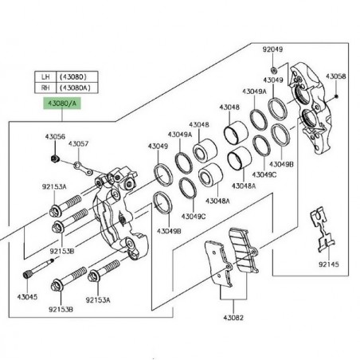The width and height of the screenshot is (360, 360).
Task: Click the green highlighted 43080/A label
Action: tap(62, 104)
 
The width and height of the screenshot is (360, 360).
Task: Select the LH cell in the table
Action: tap(45, 76)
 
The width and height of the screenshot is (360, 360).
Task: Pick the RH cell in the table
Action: tap(45, 88)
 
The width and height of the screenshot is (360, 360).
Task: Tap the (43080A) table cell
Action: tap(77, 88)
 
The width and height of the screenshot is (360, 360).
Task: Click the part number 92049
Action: tap(272, 49)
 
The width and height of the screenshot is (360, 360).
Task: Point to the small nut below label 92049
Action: tap(273, 70)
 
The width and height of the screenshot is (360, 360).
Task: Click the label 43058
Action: tap(336, 76)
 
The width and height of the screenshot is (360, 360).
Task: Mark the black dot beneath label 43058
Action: tap(336, 96)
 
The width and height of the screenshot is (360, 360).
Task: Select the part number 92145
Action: tap(329, 264)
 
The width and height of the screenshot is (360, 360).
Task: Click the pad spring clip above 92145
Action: tap(322, 229)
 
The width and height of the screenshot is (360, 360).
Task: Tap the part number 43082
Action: tap(233, 318)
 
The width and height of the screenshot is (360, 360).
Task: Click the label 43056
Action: tap(55, 137)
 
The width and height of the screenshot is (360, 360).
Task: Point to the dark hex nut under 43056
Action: tap(55, 158)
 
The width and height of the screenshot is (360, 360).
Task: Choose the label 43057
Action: tap(78, 144)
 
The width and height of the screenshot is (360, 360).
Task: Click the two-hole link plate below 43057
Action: tap(83, 169)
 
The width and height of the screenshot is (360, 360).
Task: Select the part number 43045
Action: tap(27, 297)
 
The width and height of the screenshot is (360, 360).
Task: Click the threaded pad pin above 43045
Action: tap(38, 268)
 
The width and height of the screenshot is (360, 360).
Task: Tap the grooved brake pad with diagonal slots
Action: tap(244, 249)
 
